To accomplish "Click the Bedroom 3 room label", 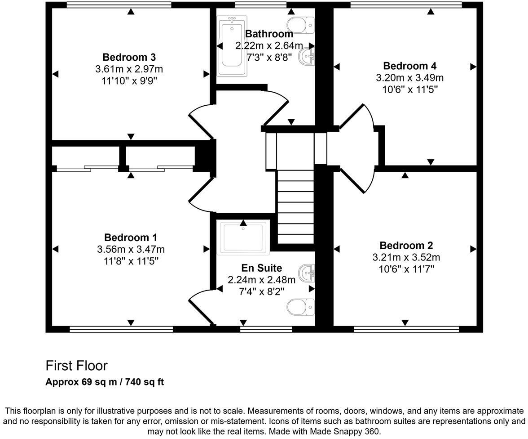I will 129,57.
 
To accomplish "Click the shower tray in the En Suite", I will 243,237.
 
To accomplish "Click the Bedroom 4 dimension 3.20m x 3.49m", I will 409,78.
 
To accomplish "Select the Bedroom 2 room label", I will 406,246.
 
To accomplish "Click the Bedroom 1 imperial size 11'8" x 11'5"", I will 131,261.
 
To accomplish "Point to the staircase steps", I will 295,206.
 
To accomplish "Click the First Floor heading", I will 76,366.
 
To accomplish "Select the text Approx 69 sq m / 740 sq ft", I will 105,382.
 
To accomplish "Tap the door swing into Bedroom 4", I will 358,118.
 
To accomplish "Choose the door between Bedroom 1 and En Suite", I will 199,307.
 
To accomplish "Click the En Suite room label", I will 261,269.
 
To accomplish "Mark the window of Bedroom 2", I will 406,329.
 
